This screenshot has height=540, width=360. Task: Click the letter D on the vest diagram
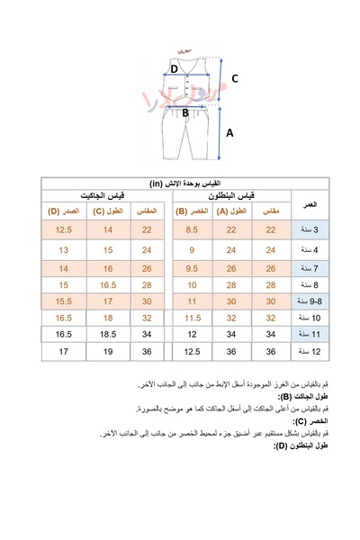pos(174,68)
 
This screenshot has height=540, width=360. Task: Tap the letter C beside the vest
pos(234,79)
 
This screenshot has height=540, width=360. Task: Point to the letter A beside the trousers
pos(230,131)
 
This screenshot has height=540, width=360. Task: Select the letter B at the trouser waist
pos(185,113)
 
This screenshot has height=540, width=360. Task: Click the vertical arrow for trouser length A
pos(219,133)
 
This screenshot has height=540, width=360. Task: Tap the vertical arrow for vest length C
pos(220,79)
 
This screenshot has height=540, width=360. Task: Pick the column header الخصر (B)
pos(193,212)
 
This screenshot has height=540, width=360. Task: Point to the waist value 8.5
pos(193,231)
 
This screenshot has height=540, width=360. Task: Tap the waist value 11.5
pos(193,318)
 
